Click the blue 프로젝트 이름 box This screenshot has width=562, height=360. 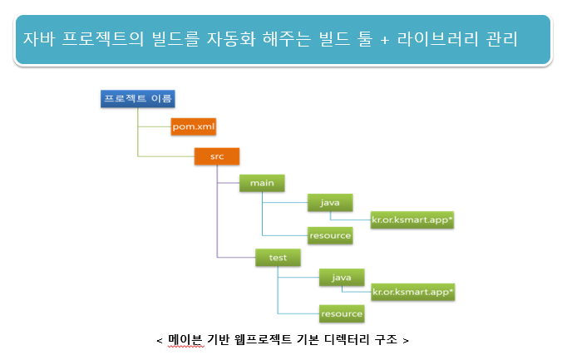click(x=136, y=100)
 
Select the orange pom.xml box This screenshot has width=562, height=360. click(x=193, y=126)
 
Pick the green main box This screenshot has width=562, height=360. click(x=262, y=182)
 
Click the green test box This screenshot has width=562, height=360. click(x=278, y=258)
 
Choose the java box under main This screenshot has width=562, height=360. click(x=330, y=202)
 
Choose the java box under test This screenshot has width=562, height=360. click(x=341, y=275)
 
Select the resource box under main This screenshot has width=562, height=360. click(x=330, y=235)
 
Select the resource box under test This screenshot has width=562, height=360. click(x=342, y=313)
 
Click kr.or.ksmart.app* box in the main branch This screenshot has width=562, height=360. click(x=412, y=219)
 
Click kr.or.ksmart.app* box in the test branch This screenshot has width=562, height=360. click(x=412, y=292)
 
